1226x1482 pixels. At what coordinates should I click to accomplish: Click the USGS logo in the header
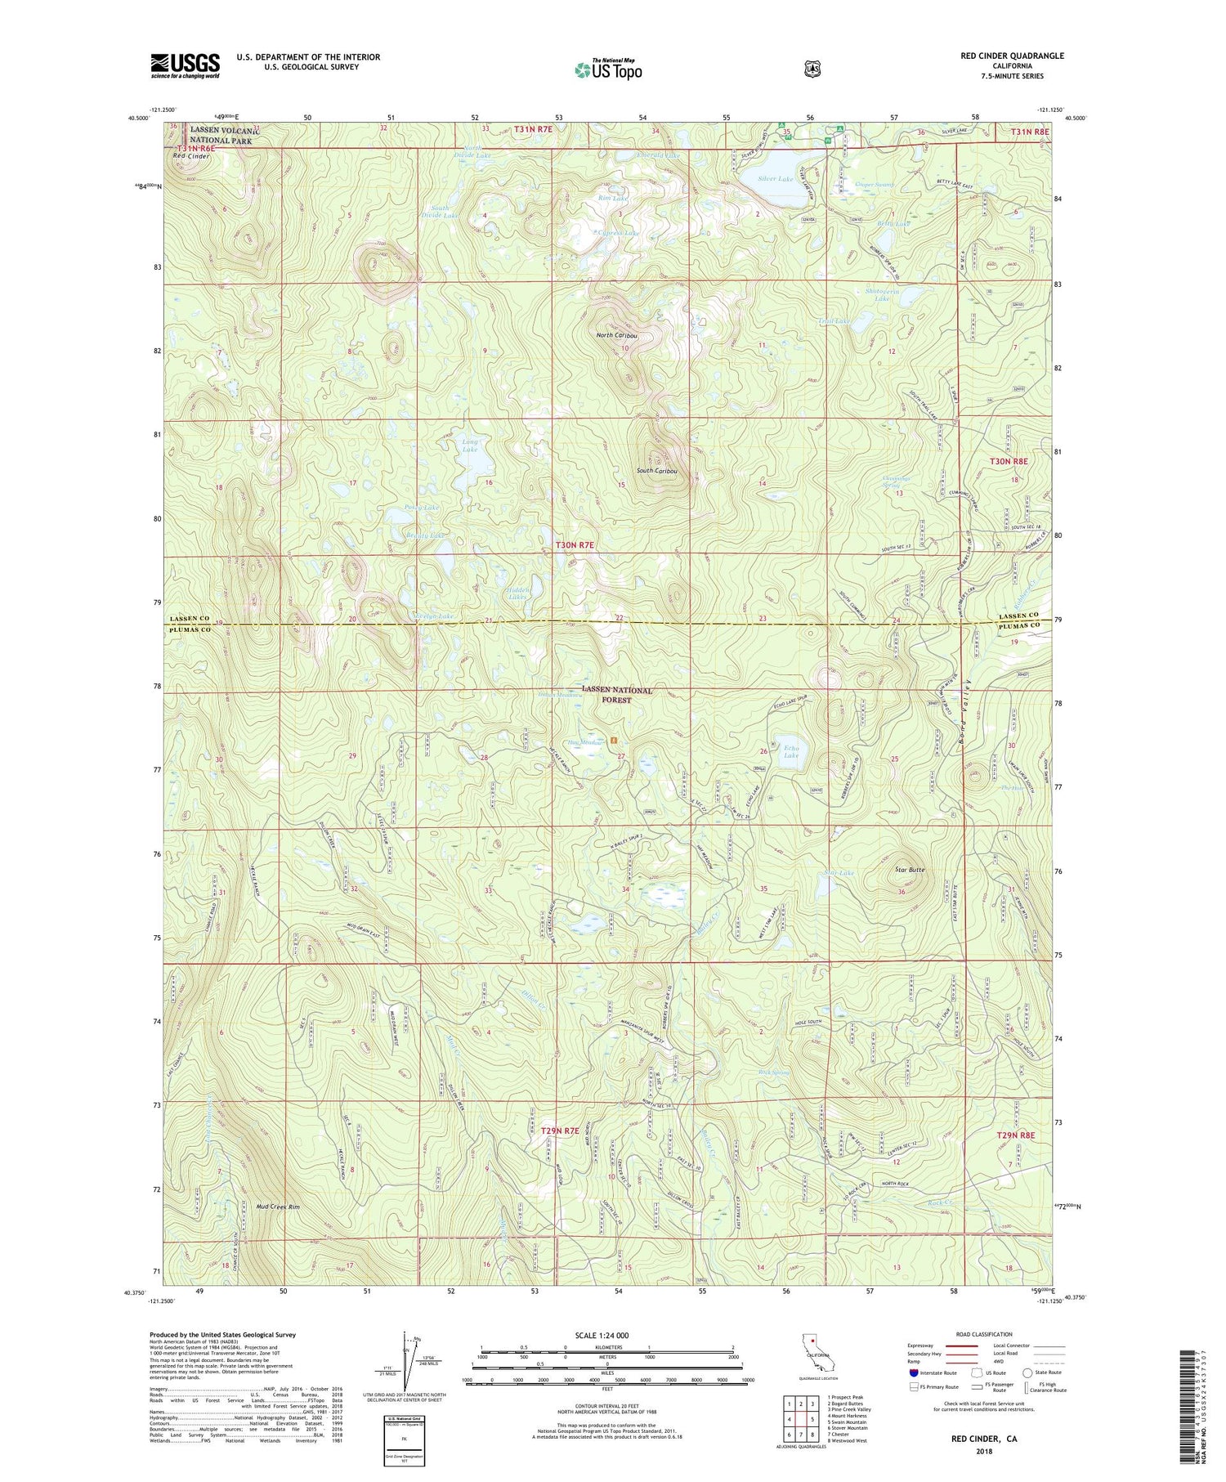click(x=185, y=65)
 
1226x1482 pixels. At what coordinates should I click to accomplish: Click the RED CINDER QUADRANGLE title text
click(x=1012, y=56)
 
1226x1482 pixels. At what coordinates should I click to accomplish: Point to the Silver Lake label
click(x=775, y=178)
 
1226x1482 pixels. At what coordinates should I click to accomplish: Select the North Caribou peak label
click(x=617, y=336)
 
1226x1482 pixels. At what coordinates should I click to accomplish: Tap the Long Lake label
click(x=469, y=445)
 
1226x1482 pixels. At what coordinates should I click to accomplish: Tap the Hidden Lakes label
click(x=518, y=593)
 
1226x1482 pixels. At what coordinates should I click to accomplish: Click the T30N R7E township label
click(x=575, y=544)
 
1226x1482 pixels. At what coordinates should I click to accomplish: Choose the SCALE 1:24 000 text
click(x=606, y=1336)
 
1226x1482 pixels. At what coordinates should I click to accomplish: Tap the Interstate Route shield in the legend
click(x=913, y=1372)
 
